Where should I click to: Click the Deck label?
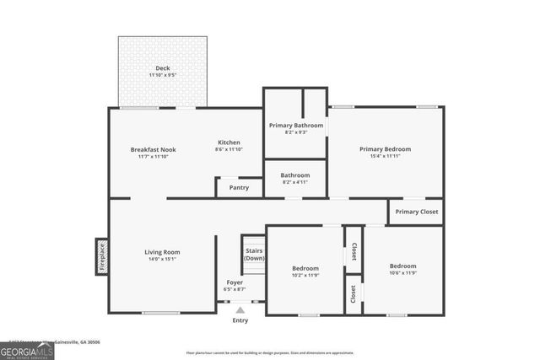(x=162, y=69)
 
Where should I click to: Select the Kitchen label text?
(x=229, y=142)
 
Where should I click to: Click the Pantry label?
(x=239, y=187)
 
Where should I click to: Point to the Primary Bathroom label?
(x=295, y=126)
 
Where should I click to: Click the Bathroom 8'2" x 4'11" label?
(x=295, y=175)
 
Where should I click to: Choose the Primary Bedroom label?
(x=385, y=149)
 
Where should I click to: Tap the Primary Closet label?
(x=416, y=212)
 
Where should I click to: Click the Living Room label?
(x=161, y=252)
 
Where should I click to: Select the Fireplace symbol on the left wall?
(x=100, y=256)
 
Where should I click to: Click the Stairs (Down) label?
(x=254, y=254)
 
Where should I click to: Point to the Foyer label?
(x=235, y=282)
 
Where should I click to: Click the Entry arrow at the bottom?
(x=240, y=309)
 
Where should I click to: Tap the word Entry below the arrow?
(x=240, y=320)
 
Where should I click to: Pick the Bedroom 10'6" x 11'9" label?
(x=402, y=266)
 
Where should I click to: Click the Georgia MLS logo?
(x=27, y=351)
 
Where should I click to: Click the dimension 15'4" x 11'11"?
(x=385, y=156)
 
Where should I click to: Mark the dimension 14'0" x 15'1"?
(x=161, y=259)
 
